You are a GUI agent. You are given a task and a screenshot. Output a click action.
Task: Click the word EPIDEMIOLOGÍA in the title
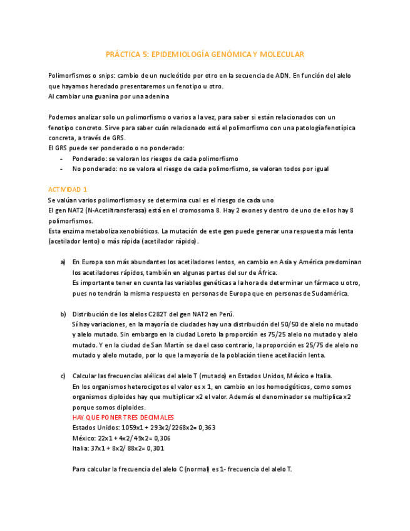(177, 55)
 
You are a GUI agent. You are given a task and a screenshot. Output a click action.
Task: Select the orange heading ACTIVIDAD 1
(68, 189)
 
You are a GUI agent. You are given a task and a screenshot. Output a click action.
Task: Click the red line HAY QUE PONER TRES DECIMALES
(123, 417)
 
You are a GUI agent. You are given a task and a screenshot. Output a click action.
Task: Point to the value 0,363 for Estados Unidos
(207, 427)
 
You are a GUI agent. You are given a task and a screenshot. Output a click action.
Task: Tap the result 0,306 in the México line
(161, 438)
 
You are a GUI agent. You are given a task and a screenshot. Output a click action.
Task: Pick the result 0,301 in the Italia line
(156, 448)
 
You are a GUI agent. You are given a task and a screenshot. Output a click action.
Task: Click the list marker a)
(63, 262)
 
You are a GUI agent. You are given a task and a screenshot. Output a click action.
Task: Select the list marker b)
(63, 314)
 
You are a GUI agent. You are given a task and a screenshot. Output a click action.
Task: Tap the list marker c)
(63, 376)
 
